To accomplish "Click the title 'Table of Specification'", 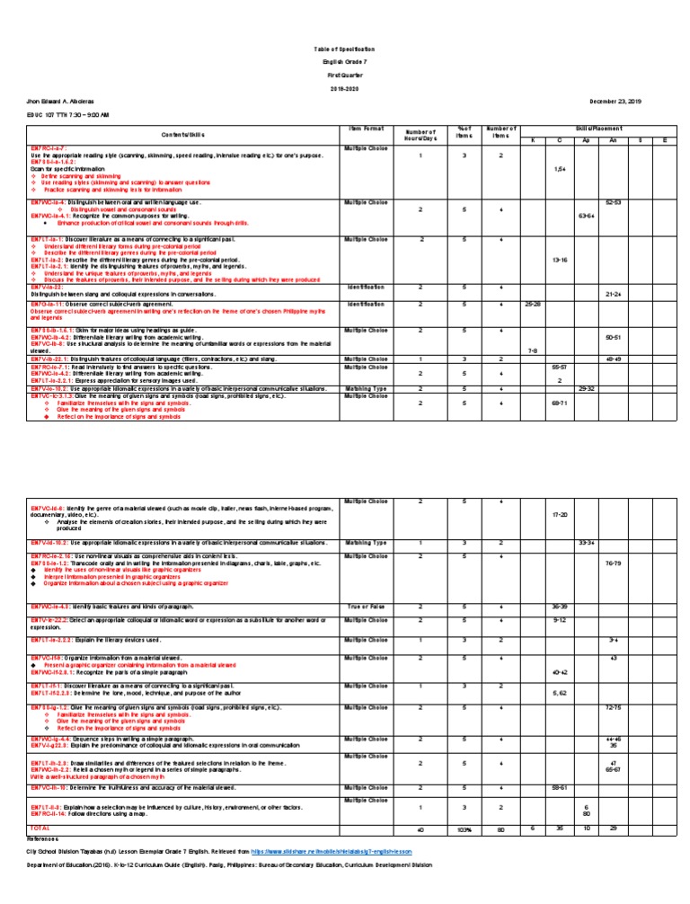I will pos(344,48).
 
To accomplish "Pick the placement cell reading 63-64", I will pos(586,216).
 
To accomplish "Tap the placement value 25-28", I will pos(532,305).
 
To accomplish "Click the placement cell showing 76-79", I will pos(613,563).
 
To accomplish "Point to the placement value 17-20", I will pos(559,514).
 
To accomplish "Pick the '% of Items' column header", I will pos(464,134).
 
